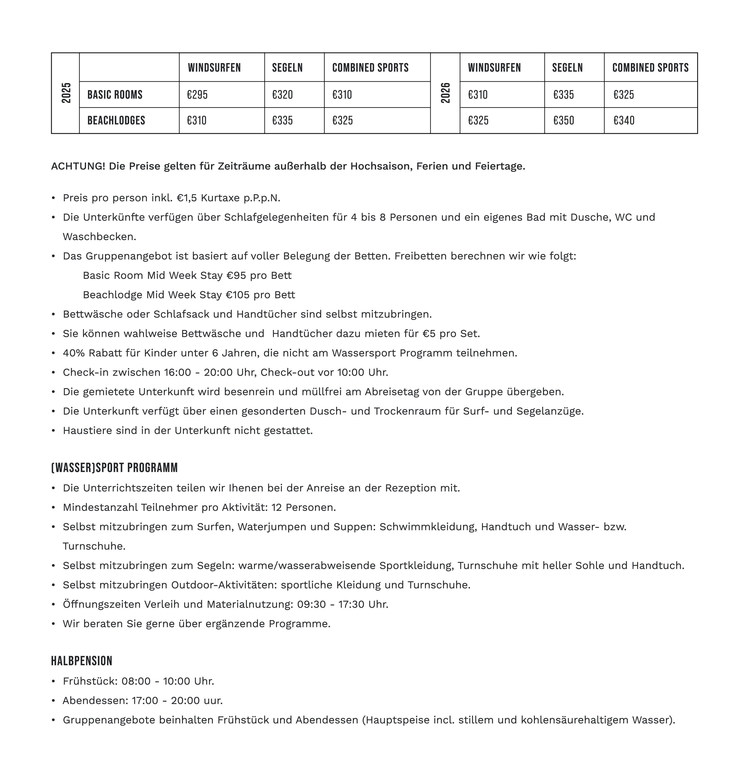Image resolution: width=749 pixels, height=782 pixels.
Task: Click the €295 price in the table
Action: coord(197,95)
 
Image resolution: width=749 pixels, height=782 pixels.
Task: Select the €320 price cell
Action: coord(282,95)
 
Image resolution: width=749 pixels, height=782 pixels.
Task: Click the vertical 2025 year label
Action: coord(66,93)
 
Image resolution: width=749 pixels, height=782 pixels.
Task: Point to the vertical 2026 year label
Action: coord(445,93)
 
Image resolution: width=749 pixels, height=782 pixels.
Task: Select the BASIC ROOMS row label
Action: coord(115,95)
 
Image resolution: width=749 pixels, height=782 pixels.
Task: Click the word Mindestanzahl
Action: coord(100,507)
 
